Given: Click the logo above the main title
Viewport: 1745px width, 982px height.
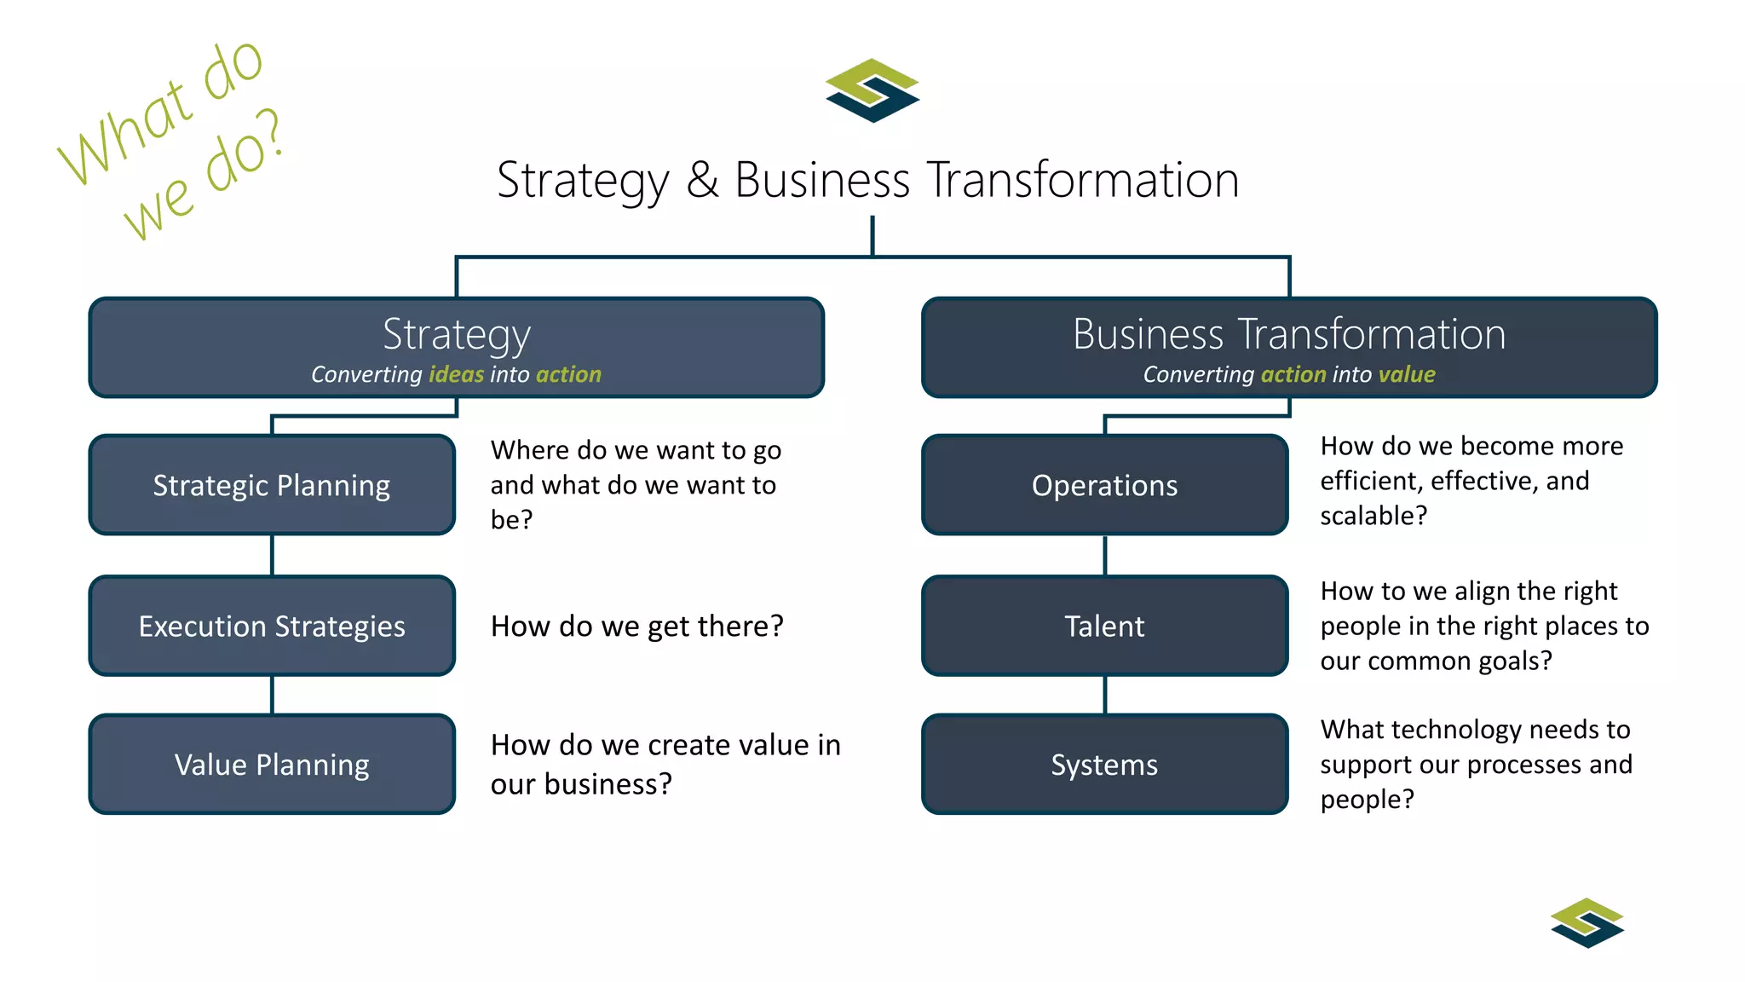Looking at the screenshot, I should pyautogui.click(x=872, y=90).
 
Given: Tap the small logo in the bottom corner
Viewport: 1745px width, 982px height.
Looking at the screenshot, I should pyautogui.click(x=1587, y=922).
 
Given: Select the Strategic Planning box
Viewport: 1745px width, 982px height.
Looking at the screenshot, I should pyautogui.click(x=272, y=485).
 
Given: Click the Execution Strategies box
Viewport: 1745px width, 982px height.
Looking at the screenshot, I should pyautogui.click(x=272, y=626).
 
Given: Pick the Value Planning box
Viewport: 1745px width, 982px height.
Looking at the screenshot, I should pyautogui.click(x=272, y=765).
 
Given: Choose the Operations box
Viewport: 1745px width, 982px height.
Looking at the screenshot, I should pyautogui.click(x=1104, y=485).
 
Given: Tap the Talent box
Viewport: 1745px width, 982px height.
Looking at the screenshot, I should pyautogui.click(x=1104, y=626).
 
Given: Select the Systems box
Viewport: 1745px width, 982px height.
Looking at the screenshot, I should pyautogui.click(x=1104, y=765).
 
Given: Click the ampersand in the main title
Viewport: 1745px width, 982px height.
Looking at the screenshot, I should pyautogui.click(x=702, y=181).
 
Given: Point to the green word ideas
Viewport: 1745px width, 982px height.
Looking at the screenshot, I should pyautogui.click(x=456, y=374).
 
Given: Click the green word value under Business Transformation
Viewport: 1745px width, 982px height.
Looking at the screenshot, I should pyautogui.click(x=1407, y=374).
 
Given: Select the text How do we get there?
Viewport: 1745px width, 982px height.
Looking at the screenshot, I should pyautogui.click(x=636, y=627).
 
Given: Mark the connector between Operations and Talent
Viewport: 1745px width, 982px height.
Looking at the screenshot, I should pyautogui.click(x=1105, y=555).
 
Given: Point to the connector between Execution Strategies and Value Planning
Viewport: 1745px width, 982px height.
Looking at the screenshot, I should pyautogui.click(x=272, y=695).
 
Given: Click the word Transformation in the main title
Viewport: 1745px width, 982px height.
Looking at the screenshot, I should pyautogui.click(x=1082, y=181).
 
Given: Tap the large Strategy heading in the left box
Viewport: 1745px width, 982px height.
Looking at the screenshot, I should pyautogui.click(x=457, y=334).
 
